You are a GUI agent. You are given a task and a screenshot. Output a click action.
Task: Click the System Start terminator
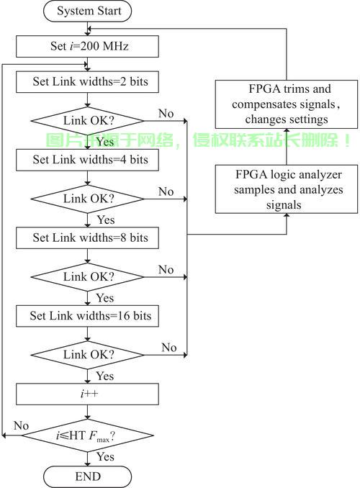(88, 12)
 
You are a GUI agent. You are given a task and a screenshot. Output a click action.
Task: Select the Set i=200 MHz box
(88, 46)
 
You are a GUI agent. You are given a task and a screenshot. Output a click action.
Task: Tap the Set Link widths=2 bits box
(88, 82)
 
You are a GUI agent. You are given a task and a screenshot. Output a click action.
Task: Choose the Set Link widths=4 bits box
(88, 160)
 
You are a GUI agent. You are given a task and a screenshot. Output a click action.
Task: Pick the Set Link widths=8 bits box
(88, 238)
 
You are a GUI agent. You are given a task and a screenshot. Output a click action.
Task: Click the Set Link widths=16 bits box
(88, 316)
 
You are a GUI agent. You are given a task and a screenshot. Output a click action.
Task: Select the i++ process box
(88, 394)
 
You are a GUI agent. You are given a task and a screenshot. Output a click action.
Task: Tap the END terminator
(88, 476)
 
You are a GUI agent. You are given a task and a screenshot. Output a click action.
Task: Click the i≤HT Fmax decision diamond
(88, 435)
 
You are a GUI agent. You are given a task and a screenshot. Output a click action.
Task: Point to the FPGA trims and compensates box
(287, 104)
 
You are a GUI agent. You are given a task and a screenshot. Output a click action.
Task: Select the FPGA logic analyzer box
(287, 189)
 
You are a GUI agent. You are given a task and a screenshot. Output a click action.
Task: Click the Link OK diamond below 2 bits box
(88, 121)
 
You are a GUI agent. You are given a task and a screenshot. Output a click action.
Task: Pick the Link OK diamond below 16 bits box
(88, 355)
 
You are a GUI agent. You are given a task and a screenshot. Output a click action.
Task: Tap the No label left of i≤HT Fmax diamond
(21, 425)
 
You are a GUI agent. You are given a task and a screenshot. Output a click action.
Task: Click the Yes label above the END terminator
(105, 456)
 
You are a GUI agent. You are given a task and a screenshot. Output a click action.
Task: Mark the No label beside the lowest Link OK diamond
(169, 348)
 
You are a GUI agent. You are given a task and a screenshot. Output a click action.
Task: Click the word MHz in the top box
(115, 46)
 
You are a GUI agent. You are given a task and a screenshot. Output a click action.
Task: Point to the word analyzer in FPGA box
(315, 175)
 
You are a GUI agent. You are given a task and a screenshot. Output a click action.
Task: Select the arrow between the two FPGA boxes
(287, 147)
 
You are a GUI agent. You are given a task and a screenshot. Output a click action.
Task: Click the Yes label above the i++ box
(105, 376)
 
